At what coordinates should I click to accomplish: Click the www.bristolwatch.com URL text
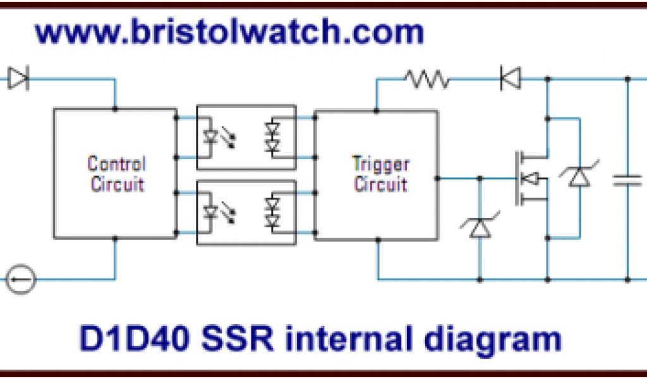[x=229, y=32]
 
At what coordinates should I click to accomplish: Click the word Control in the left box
[x=116, y=164]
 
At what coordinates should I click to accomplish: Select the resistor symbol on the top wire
[x=428, y=79]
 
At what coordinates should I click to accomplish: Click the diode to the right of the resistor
[x=510, y=79]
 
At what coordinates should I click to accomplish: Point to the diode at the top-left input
[x=18, y=79]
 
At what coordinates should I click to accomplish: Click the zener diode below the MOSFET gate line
[x=480, y=227]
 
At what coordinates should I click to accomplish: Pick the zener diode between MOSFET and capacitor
[x=579, y=177]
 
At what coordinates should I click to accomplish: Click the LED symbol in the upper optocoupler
[x=211, y=136]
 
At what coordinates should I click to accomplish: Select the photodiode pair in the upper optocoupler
[x=273, y=136]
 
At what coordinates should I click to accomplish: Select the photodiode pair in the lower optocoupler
[x=273, y=212]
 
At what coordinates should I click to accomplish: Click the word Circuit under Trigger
[x=380, y=184]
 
